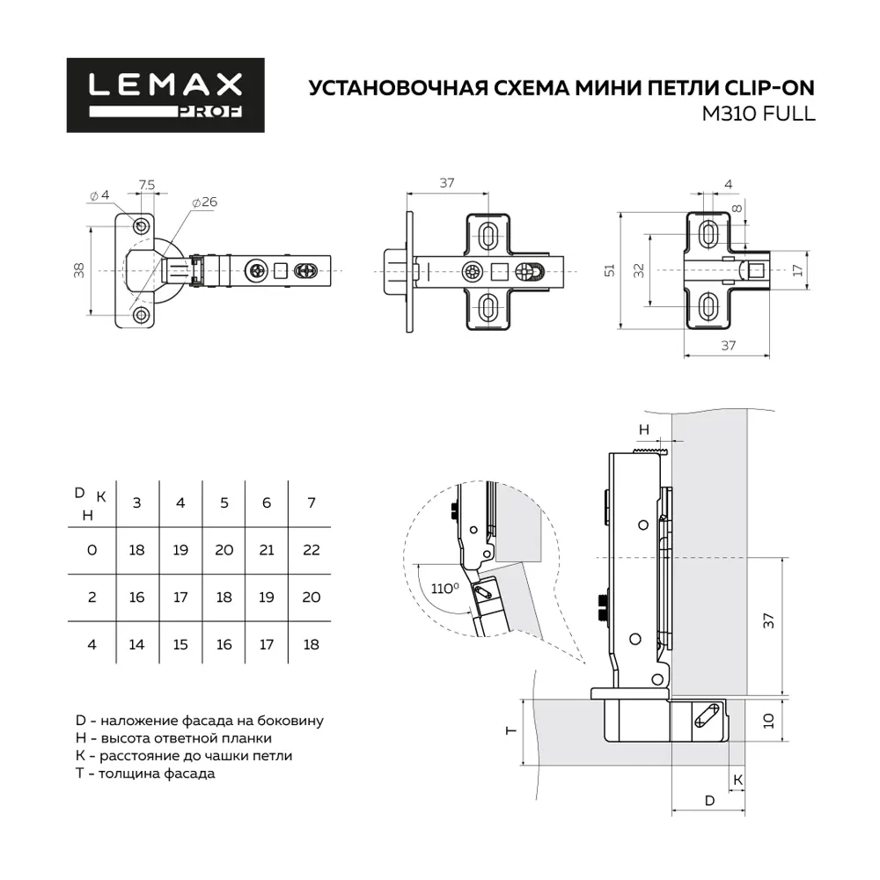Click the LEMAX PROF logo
(165, 95)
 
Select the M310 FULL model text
(758, 113)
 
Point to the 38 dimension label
(78, 268)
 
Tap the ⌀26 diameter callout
(204, 202)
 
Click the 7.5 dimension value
(147, 184)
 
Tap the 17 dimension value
(797, 270)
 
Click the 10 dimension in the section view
(767, 721)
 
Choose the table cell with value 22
(312, 549)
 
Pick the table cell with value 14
(136, 644)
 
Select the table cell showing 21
(268, 549)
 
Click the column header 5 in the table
(224, 502)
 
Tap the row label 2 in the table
(91, 597)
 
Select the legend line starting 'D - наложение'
(201, 721)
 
